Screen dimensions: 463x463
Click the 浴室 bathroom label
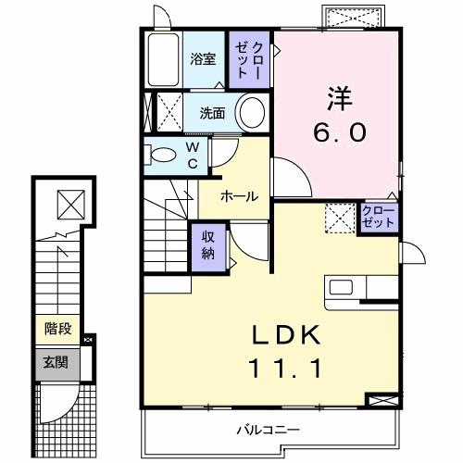(x=203, y=59)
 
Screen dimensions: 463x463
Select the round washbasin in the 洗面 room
(x=251, y=113)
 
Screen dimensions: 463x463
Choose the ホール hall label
(x=239, y=195)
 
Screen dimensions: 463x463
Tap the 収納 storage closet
(x=209, y=245)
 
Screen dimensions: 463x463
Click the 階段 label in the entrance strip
(x=58, y=327)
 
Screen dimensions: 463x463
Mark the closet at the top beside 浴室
(x=253, y=59)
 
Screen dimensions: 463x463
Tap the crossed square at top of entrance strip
(x=69, y=201)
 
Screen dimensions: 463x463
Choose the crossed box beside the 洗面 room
(x=168, y=112)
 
